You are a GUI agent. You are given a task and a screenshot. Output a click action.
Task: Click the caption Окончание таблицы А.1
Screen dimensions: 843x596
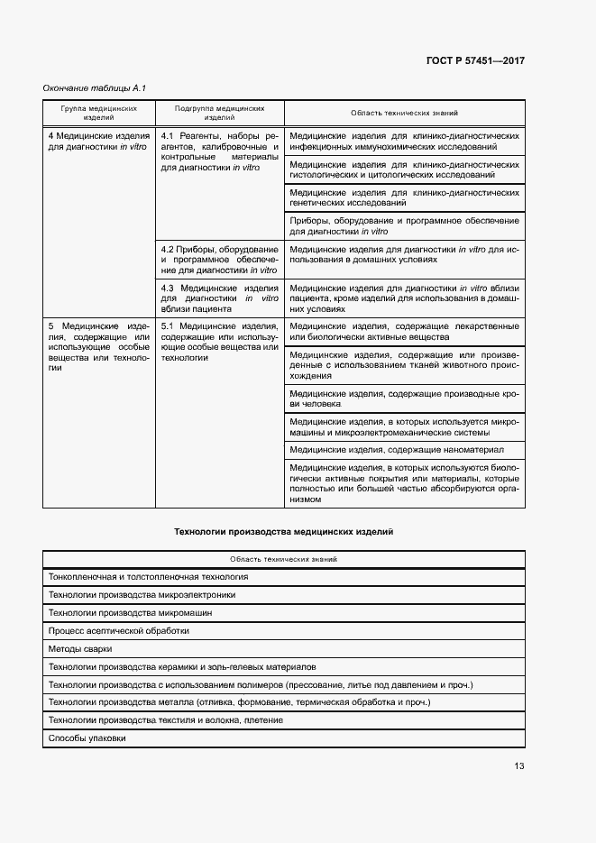click(94, 87)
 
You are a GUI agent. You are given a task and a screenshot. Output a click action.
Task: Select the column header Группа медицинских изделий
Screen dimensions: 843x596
click(99, 113)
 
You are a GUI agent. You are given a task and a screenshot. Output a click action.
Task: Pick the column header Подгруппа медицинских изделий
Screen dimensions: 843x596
click(220, 113)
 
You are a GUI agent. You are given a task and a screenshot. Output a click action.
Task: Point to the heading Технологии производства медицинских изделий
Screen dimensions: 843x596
click(284, 532)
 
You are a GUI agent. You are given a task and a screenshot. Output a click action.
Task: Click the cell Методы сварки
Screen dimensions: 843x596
click(80, 648)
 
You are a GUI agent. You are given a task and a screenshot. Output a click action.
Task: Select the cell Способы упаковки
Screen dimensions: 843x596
click(87, 738)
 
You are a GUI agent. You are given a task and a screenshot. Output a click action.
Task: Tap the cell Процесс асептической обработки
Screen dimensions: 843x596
click(118, 630)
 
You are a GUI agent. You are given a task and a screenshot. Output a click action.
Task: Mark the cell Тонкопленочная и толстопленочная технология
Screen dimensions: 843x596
click(148, 576)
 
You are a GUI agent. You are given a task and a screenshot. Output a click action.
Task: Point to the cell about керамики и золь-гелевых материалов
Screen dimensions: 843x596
click(182, 666)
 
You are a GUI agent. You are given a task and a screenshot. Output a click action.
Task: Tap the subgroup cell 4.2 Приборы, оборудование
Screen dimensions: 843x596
click(219, 259)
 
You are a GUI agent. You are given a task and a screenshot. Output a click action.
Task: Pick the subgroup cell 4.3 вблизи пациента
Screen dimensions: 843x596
click(219, 298)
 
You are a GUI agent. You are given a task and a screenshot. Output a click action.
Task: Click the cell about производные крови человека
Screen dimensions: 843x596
click(403, 399)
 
